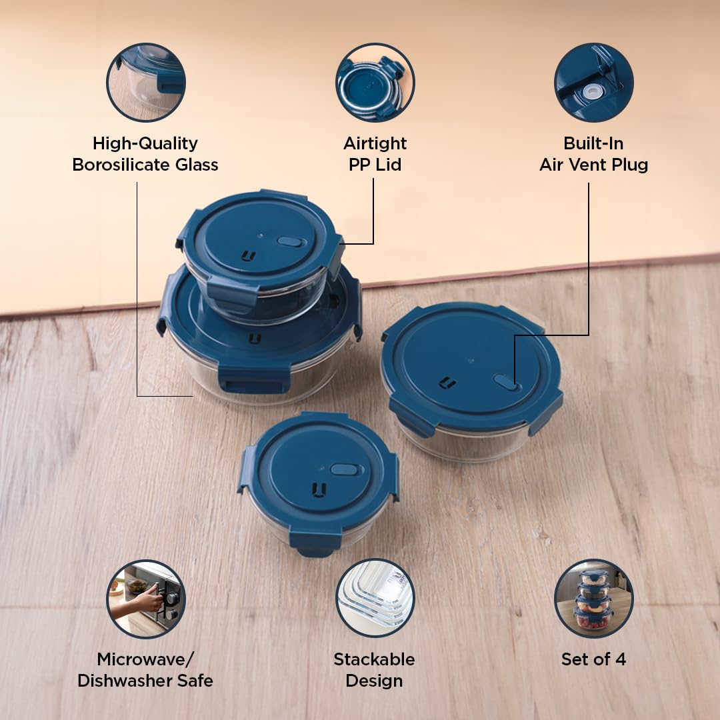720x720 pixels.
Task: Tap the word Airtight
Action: tap(375, 144)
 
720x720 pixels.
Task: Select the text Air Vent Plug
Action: tap(593, 165)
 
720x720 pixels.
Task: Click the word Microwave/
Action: tap(145, 659)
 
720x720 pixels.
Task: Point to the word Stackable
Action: tap(374, 659)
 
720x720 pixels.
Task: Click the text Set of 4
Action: tap(593, 659)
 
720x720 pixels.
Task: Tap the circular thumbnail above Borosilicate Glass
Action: tap(146, 83)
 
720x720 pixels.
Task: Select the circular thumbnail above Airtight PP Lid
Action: tap(375, 83)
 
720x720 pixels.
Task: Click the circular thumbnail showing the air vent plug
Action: tap(594, 83)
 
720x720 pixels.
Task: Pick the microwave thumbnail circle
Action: tap(146, 599)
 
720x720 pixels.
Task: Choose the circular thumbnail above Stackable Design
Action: tap(375, 598)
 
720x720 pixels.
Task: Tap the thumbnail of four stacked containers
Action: tap(594, 598)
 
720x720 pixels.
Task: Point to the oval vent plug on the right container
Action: tap(507, 382)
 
